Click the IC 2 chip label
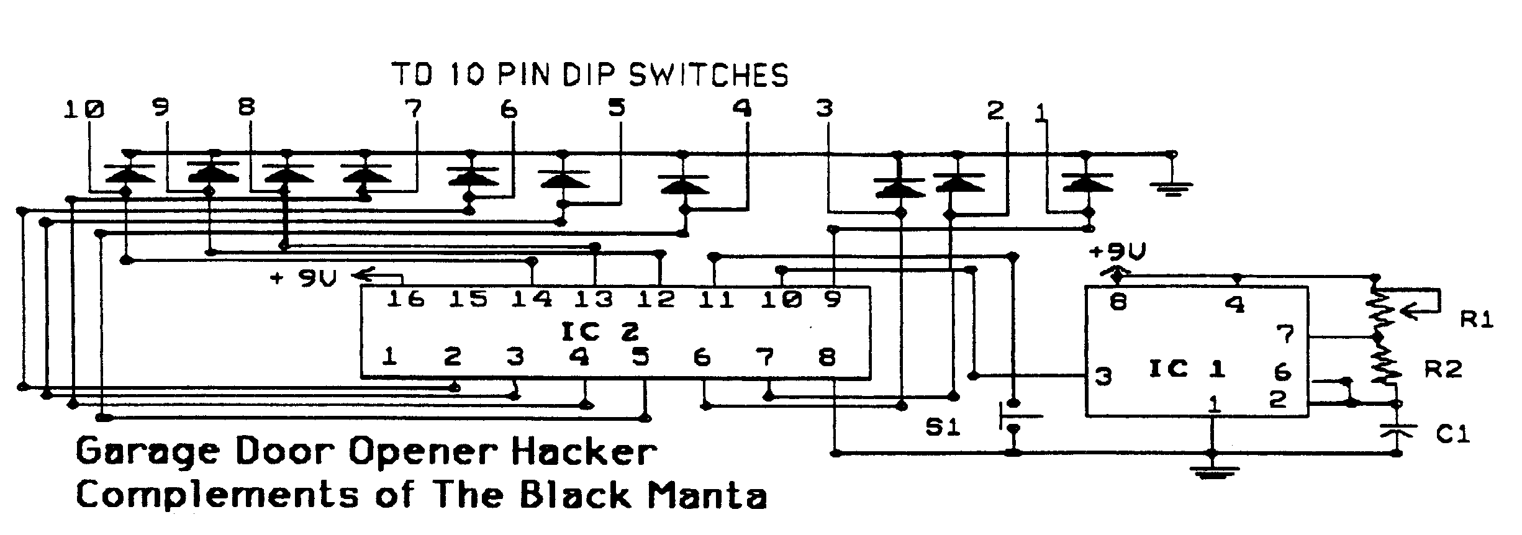pyautogui.click(x=599, y=333)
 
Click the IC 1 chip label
pyautogui.click(x=1187, y=370)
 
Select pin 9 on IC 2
pyautogui.click(x=832, y=300)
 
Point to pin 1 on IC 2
pyautogui.click(x=390, y=357)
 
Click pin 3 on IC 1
pyautogui.click(x=1103, y=377)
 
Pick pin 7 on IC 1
pyautogui.click(x=1285, y=335)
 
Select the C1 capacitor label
pyautogui.click(x=1453, y=434)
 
